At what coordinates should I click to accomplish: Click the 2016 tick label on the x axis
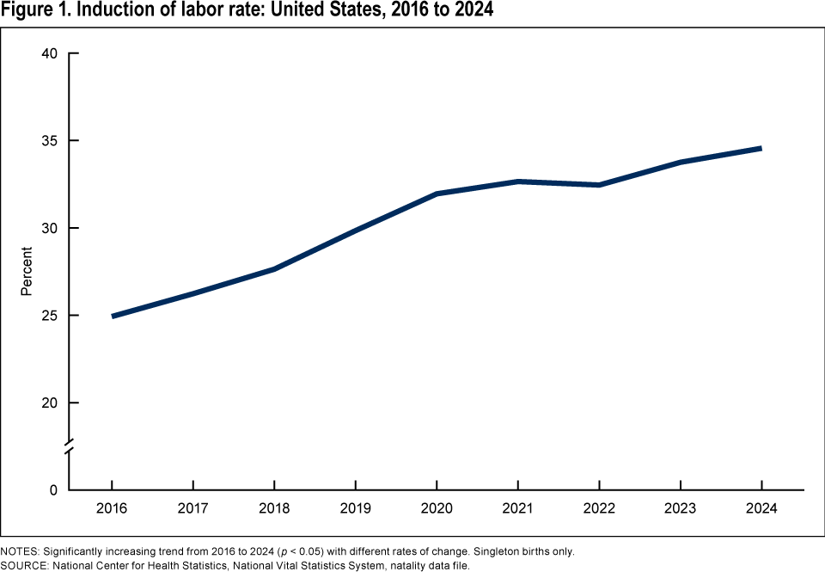(x=112, y=508)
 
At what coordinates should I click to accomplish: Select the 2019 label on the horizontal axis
(x=355, y=508)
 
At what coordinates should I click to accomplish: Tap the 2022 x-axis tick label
(x=599, y=508)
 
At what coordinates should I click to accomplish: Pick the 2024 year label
(x=761, y=508)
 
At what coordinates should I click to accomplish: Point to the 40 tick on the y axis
(x=49, y=53)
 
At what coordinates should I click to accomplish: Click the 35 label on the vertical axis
(x=49, y=141)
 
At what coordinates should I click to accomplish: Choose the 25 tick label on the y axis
(x=49, y=316)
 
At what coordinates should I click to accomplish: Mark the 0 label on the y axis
(x=53, y=490)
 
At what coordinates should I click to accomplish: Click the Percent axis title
(x=27, y=272)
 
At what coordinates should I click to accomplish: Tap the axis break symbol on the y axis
(x=70, y=446)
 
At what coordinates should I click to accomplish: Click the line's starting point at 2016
(x=113, y=316)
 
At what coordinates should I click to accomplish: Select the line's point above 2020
(x=437, y=194)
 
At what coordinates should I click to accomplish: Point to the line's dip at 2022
(x=599, y=185)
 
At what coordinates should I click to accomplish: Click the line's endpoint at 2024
(x=761, y=148)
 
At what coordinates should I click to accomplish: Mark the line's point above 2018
(x=274, y=269)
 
